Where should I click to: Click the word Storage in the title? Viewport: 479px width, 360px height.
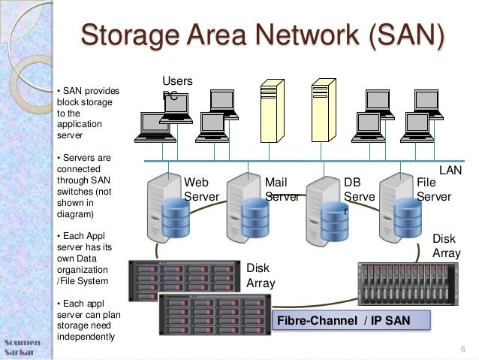[x=131, y=35]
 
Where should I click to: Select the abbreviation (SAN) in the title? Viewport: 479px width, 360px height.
[x=407, y=35]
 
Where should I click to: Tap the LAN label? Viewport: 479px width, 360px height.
[x=450, y=171]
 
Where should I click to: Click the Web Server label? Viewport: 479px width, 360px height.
[x=201, y=189]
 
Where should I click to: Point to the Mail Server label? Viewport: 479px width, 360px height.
[x=282, y=189]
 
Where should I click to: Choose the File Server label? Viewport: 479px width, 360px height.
[x=434, y=189]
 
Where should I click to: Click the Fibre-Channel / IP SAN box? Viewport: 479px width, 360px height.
[x=351, y=320]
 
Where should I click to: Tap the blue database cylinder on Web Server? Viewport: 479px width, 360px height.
[x=176, y=217]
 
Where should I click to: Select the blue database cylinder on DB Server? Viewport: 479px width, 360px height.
[x=335, y=221]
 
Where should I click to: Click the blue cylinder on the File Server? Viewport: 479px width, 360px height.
[x=408, y=217]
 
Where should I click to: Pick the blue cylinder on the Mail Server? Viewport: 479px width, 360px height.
[x=255, y=217]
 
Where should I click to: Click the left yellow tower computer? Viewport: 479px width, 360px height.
[x=273, y=110]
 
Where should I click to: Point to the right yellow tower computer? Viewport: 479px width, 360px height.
[x=324, y=110]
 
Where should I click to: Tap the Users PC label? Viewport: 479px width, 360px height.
[x=177, y=88]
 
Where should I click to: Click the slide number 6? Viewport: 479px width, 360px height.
[x=463, y=349]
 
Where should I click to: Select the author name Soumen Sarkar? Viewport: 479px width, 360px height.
[x=22, y=347]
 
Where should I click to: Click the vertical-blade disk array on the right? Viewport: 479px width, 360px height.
[x=408, y=284]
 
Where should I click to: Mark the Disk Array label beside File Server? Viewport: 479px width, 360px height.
[x=446, y=246]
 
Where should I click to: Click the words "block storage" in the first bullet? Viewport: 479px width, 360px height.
[x=85, y=102]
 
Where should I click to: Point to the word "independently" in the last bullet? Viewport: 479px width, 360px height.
[x=86, y=337]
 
